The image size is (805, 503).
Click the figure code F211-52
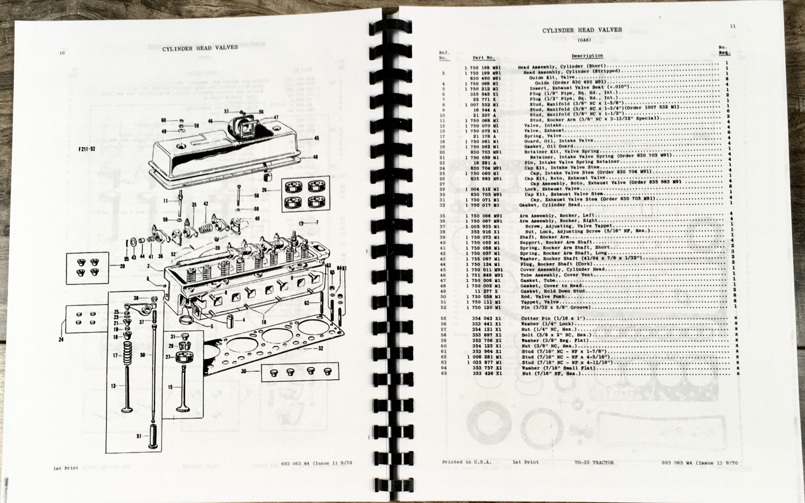coord(87,149)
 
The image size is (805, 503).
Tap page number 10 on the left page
coord(62,53)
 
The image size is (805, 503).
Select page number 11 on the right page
coord(732,26)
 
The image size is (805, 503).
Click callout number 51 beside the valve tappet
coord(139,436)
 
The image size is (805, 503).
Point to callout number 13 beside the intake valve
coord(114,386)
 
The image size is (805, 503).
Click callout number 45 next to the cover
coord(316,138)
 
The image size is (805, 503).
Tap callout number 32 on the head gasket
coord(320,349)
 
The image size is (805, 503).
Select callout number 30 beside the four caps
coord(244,371)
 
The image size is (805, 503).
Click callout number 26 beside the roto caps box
coord(264,190)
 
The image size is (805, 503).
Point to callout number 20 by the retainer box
coord(122,266)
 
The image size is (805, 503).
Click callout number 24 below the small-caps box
coord(61,340)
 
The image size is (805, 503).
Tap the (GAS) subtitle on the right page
coord(584,40)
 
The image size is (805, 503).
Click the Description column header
coord(587,56)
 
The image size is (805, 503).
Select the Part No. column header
coord(483,58)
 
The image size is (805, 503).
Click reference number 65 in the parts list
coord(444,373)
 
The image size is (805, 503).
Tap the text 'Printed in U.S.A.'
coord(467,462)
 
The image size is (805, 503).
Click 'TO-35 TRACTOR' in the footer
coord(594,462)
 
